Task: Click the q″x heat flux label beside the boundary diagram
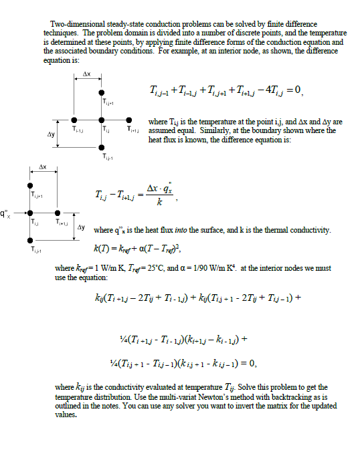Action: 6,213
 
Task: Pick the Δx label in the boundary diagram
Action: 43,165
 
